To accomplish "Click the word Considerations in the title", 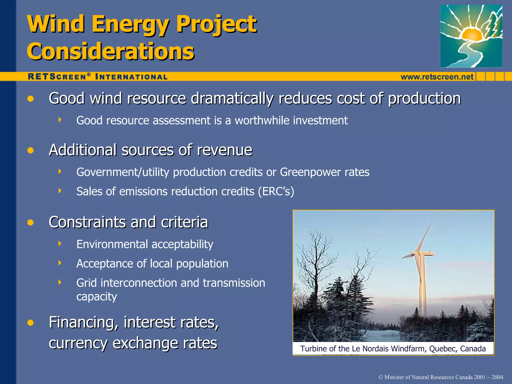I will click(110, 51).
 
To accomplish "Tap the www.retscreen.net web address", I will click(437, 77).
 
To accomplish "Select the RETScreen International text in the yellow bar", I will click(97, 77).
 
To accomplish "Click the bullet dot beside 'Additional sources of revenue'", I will click(30, 150).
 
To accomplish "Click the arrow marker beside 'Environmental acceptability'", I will click(60, 243).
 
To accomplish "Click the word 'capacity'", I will click(96, 297).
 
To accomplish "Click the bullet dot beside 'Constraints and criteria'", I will click(30, 222).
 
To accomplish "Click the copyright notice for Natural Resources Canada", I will click(441, 377).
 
